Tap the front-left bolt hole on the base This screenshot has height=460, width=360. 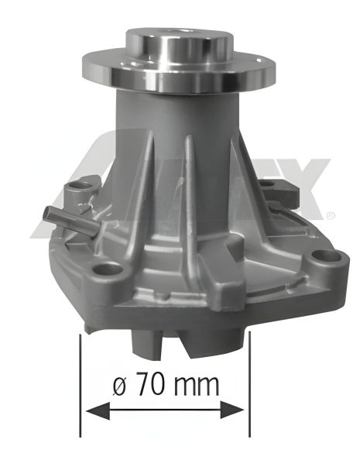pyautogui.click(x=111, y=269)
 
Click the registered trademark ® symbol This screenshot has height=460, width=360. pyautogui.click(x=332, y=214)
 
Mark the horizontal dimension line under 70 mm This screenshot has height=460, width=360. pyautogui.click(x=165, y=410)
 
